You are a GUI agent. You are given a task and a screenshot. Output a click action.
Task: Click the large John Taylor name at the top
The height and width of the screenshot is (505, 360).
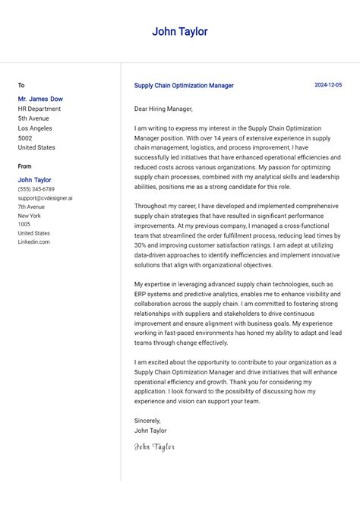[x=179, y=32]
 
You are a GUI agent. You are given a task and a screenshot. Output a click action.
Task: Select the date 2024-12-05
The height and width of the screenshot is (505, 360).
[x=328, y=85]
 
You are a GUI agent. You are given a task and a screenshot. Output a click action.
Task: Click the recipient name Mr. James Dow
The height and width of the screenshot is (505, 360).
[x=40, y=99]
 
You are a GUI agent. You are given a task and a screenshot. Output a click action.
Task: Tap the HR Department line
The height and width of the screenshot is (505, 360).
[x=39, y=109]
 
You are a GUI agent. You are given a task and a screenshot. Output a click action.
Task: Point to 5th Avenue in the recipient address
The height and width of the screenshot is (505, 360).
[x=33, y=118]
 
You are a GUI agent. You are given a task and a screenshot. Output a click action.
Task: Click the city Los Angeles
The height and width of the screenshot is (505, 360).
[x=35, y=128]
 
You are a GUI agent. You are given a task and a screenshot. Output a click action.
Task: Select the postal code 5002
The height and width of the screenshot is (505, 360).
[x=25, y=138]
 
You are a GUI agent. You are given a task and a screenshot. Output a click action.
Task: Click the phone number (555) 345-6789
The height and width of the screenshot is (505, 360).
[x=36, y=189]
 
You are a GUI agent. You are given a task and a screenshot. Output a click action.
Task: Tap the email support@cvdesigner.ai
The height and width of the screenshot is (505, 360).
[x=46, y=198]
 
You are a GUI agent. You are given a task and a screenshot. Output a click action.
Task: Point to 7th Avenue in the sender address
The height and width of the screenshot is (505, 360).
[x=31, y=207]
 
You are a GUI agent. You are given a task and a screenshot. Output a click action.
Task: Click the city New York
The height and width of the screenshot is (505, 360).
[x=30, y=216]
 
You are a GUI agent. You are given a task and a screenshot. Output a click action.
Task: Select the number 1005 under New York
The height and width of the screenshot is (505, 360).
[x=24, y=225]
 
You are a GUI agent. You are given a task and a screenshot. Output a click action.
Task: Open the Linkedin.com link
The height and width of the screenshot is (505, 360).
[x=33, y=242]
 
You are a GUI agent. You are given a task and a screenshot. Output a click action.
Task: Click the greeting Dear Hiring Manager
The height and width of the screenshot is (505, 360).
[x=163, y=109]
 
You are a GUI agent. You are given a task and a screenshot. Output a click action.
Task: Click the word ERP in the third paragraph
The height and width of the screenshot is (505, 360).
[x=141, y=294]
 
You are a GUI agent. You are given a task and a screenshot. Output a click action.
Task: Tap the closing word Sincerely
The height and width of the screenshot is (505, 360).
[x=147, y=420]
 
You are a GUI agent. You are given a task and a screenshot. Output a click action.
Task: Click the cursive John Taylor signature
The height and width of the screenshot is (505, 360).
[x=154, y=447]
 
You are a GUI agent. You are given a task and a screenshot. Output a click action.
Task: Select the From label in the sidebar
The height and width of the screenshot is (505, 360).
[x=25, y=166]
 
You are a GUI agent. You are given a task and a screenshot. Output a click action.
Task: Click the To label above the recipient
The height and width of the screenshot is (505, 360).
[x=21, y=85]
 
